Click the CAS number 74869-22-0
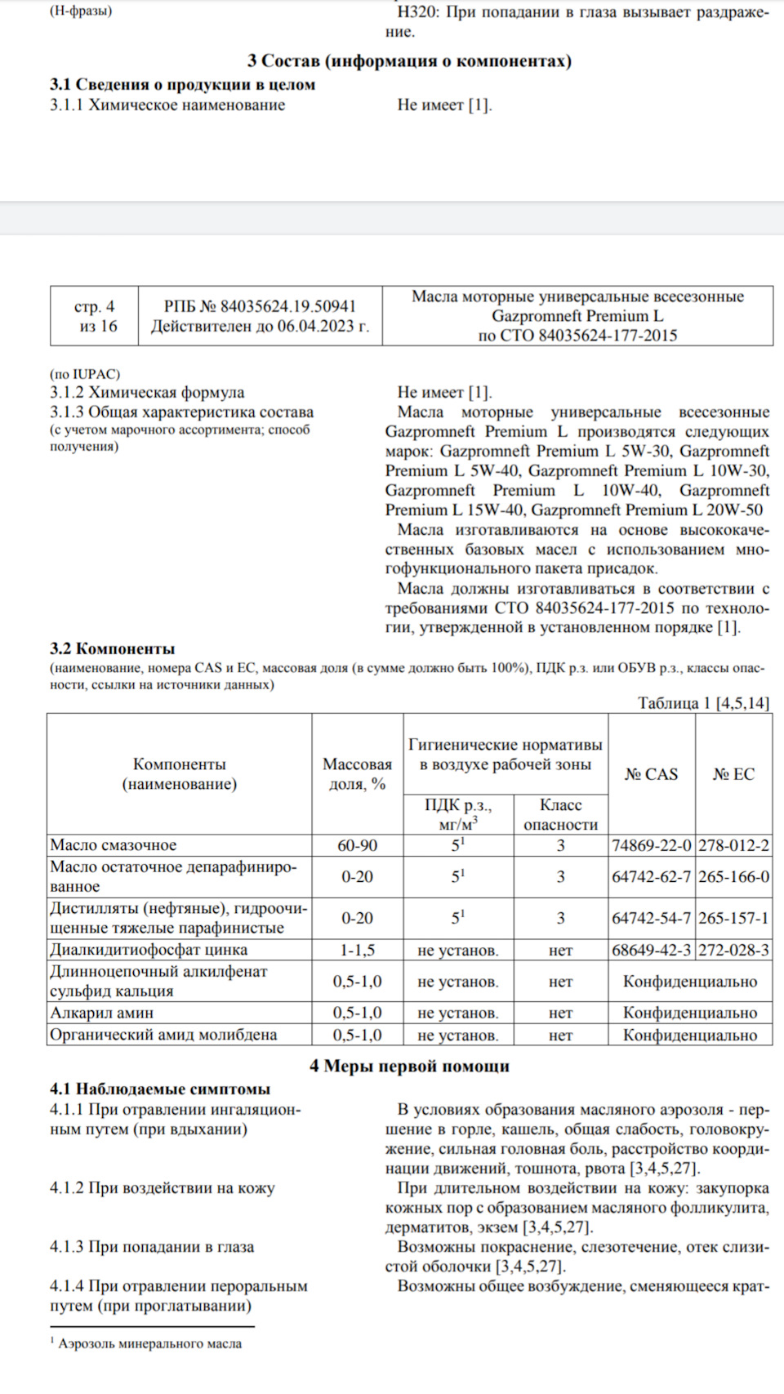[x=651, y=845]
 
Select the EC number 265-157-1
[x=733, y=918]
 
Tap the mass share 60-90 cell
[x=357, y=845]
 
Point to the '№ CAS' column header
[x=651, y=774]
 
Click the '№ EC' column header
[x=733, y=774]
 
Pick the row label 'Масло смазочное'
[x=114, y=845]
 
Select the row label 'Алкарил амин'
[x=102, y=1013]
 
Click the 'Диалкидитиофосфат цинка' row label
[x=149, y=950]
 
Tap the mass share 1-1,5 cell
[x=357, y=950]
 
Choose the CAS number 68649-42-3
[x=651, y=950]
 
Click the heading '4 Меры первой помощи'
[x=409, y=1066]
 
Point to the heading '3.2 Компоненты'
[x=113, y=648]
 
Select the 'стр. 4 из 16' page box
[x=94, y=316]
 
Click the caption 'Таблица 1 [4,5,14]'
[x=703, y=703]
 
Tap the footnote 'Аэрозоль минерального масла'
[x=149, y=1343]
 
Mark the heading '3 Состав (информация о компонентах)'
[x=409, y=60]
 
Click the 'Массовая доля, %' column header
[x=357, y=774]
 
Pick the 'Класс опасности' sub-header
[x=560, y=815]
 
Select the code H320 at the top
[x=417, y=12]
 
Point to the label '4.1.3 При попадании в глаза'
[x=152, y=1247]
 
